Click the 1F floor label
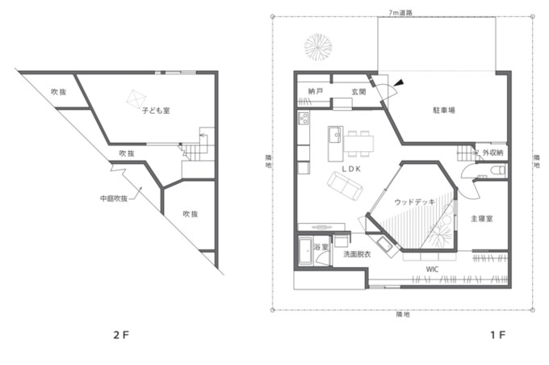pyautogui.click(x=497, y=335)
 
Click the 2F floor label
pyautogui.click(x=121, y=335)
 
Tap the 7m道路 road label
pyautogui.click(x=400, y=13)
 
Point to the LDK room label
pyautogui.click(x=351, y=169)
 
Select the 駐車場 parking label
pyautogui.click(x=444, y=110)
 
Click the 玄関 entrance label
pyautogui.click(x=359, y=92)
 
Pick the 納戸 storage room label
pyautogui.click(x=316, y=91)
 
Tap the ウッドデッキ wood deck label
pyautogui.click(x=414, y=202)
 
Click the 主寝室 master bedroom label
pyautogui.click(x=482, y=219)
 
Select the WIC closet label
pyautogui.click(x=432, y=270)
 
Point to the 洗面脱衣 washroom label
pyautogui.click(x=357, y=254)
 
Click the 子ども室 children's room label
pyautogui.click(x=156, y=111)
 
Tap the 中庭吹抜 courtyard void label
pyautogui.click(x=114, y=199)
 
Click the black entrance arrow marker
pyautogui.click(x=399, y=82)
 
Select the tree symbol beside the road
pyautogui.click(x=318, y=47)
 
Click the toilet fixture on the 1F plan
pyautogui.click(x=497, y=170)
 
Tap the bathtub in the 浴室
pyautogui.click(x=306, y=250)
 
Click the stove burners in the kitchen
pyautogui.click(x=304, y=118)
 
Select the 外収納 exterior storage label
pyautogui.click(x=492, y=153)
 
